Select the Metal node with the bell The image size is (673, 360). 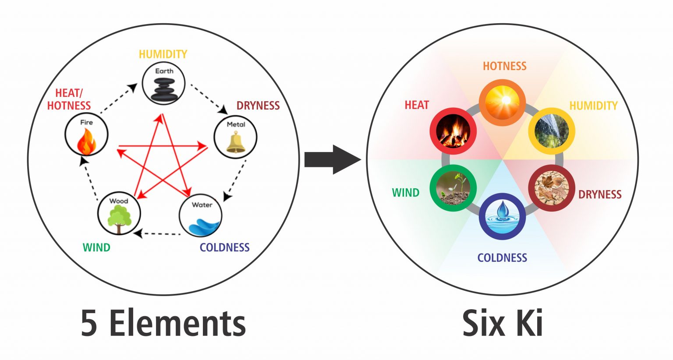point(235,137)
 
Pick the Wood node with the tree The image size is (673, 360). point(119,214)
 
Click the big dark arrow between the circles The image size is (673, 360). point(332,159)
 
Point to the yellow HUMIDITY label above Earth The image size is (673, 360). point(163,54)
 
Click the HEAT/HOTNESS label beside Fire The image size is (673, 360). point(69,99)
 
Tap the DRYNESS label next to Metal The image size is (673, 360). point(258,106)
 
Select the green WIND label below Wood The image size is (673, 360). point(96,247)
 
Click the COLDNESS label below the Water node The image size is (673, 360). point(224,247)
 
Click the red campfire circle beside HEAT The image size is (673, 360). point(453,131)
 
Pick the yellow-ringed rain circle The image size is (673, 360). point(551,131)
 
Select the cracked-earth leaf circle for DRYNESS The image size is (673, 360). point(552,188)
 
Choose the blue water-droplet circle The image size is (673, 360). point(502,216)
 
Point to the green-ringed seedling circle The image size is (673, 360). point(453,188)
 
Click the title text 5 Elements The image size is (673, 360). point(163,323)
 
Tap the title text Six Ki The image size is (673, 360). point(502,323)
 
